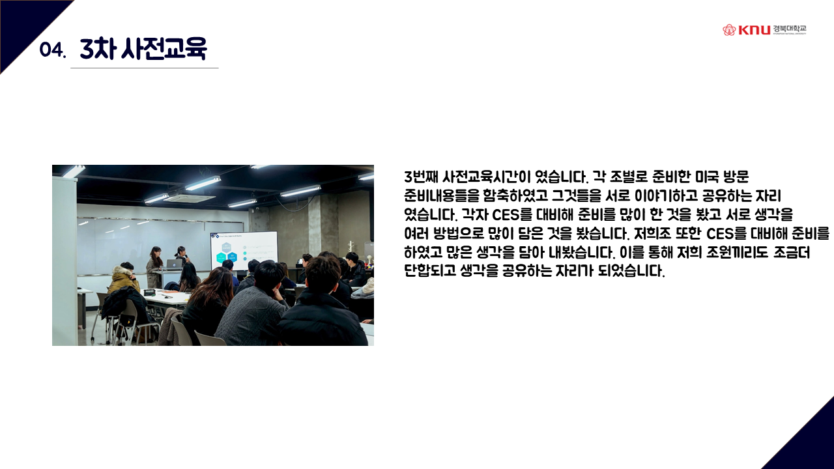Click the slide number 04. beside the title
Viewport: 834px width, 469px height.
click(53, 50)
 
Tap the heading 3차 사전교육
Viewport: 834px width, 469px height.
click(143, 48)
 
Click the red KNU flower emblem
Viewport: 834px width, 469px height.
click(729, 30)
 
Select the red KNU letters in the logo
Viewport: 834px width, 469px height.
click(754, 30)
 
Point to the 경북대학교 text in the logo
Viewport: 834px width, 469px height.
click(789, 29)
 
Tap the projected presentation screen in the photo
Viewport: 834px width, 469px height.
click(244, 250)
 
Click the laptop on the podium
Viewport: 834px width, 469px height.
click(173, 264)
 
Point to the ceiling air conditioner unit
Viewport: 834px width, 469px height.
click(189, 197)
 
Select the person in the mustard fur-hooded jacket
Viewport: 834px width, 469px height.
click(124, 277)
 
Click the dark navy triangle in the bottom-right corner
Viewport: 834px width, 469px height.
click(812, 447)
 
